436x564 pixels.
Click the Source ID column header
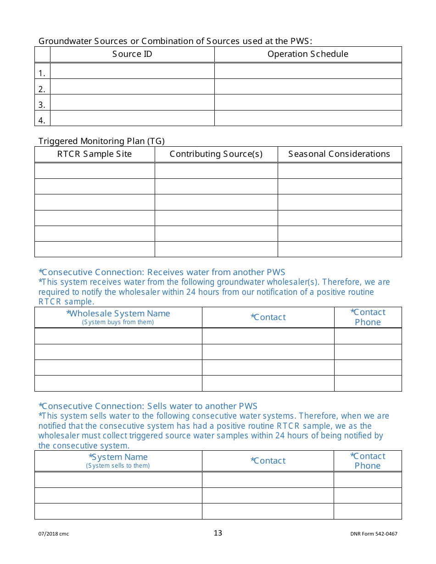click(x=132, y=54)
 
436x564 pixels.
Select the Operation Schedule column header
click(x=307, y=54)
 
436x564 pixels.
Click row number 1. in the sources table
click(x=42, y=73)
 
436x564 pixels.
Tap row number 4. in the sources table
click(x=42, y=121)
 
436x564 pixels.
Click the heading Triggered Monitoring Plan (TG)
click(x=101, y=141)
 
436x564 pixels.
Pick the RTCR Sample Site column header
click(x=95, y=154)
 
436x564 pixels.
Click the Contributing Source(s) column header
click(x=216, y=154)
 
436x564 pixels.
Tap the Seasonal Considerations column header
click(x=339, y=154)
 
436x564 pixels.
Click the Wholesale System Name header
click(x=118, y=314)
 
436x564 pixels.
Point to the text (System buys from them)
click(x=118, y=322)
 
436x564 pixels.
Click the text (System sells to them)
click(x=118, y=466)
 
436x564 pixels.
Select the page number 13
click(x=218, y=533)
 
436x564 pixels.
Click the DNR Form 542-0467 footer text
click(x=374, y=534)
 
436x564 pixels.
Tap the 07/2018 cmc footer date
click(x=54, y=534)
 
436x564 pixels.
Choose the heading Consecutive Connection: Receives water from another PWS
click(x=162, y=272)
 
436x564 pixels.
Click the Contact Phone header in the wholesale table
click(x=368, y=317)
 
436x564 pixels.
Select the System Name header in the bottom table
click(x=118, y=457)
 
